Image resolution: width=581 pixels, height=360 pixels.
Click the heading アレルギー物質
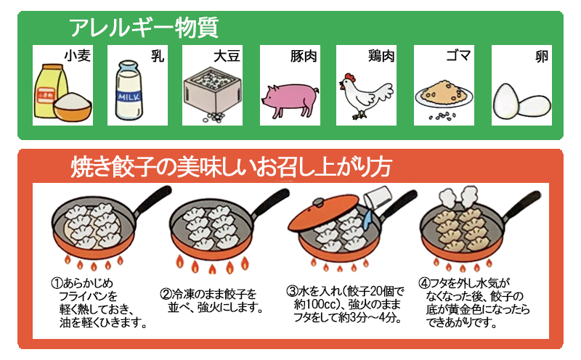[144, 27]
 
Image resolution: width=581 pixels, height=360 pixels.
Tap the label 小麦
[77, 56]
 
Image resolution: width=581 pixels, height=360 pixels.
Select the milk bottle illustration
[129, 90]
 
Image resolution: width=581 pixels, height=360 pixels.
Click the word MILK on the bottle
[129, 97]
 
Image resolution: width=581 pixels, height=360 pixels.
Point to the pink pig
[290, 99]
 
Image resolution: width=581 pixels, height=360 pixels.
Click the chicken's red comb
[349, 78]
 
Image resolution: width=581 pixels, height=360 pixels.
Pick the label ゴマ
[458, 56]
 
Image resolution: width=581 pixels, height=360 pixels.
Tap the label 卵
[541, 57]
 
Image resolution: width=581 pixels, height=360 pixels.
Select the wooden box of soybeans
[212, 91]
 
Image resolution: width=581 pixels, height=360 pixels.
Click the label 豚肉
[304, 56]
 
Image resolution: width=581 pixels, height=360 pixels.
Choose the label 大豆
[227, 56]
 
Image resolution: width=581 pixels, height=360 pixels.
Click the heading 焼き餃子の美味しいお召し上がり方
[231, 167]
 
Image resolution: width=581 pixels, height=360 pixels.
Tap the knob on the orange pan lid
[318, 202]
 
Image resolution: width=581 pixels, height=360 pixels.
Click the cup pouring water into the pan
[378, 197]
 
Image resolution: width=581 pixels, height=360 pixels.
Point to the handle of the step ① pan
[153, 200]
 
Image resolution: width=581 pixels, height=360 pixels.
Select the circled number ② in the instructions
[166, 294]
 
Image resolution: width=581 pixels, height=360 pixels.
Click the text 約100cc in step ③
[314, 304]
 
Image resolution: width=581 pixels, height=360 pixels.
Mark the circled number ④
[424, 283]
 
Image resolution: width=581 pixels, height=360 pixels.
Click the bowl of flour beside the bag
[72, 106]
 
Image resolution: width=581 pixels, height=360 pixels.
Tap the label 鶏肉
[381, 56]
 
